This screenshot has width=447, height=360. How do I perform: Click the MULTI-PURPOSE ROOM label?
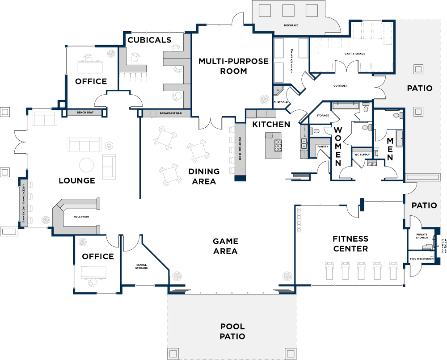coord(233,66)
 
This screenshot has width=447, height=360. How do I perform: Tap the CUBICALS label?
coord(149,40)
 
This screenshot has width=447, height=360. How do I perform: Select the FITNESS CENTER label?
coord(350,244)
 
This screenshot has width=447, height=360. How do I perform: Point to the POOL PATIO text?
coord(232,331)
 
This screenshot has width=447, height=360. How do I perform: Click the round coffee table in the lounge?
coord(86,165)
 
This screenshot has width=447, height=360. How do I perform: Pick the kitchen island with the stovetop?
coord(274,146)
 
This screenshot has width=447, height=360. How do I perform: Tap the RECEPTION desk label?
coord(81,217)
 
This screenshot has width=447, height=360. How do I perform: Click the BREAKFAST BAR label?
coord(171,113)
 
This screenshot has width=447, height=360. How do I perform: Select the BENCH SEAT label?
coord(85,113)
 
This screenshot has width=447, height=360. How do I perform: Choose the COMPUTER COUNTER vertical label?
coord(24,203)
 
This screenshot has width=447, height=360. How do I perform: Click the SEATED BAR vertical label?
coord(240,148)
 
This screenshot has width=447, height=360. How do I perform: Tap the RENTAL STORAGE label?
coord(141,266)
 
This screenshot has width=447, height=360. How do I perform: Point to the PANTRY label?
coord(323,147)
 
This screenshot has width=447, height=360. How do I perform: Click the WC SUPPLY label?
coord(362,155)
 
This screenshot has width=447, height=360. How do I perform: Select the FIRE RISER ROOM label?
coord(422,259)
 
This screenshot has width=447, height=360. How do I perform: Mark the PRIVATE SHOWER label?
coord(422,236)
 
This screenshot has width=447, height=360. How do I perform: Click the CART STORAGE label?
coord(354,54)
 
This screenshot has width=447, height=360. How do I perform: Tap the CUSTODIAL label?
coord(281,102)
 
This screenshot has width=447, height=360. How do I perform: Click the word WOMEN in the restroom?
coord(338,146)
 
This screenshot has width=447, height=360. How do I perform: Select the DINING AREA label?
coord(204,176)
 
